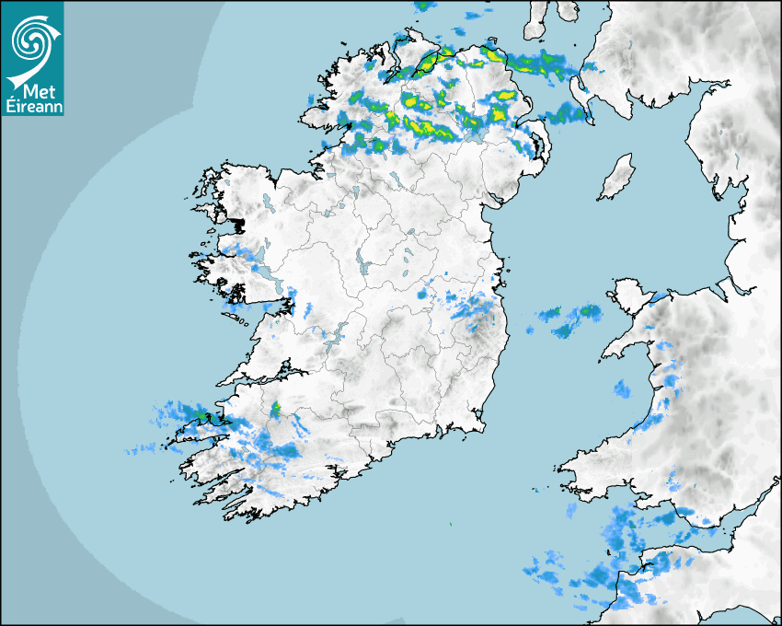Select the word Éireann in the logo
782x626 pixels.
(x=32, y=105)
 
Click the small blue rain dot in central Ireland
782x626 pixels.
(x=422, y=294)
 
